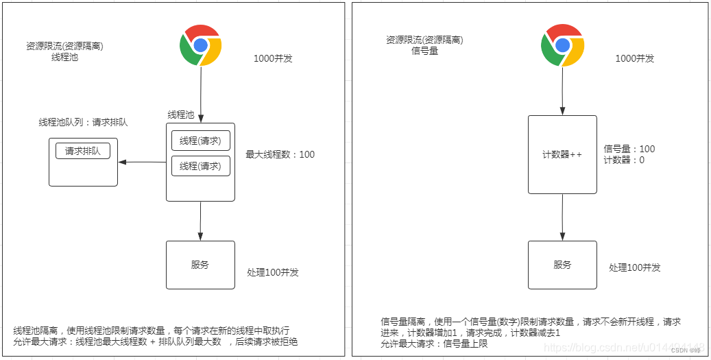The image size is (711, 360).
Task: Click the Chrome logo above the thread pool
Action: [200, 45]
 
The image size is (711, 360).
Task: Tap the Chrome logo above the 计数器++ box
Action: [563, 45]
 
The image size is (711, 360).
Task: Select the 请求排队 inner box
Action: [83, 152]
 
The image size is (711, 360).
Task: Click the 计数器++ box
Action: [562, 154]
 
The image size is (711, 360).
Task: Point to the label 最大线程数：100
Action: [280, 154]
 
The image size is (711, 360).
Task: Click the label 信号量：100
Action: [629, 149]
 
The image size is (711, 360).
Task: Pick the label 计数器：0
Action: [624, 160]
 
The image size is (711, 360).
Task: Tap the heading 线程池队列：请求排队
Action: [83, 122]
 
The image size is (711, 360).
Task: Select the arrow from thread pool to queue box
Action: [143, 163]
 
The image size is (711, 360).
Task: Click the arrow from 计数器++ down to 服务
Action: [563, 216]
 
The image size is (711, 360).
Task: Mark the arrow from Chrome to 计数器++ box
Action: [563, 91]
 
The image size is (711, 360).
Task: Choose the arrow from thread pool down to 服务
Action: [200, 221]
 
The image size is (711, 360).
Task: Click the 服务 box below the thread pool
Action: [200, 265]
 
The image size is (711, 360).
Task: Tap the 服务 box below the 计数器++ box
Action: [562, 265]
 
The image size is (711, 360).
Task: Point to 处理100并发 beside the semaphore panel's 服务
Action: [635, 267]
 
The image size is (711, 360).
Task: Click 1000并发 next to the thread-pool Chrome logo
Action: [273, 58]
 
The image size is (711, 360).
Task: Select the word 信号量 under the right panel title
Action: [424, 51]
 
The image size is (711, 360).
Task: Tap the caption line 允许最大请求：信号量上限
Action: [434, 344]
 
